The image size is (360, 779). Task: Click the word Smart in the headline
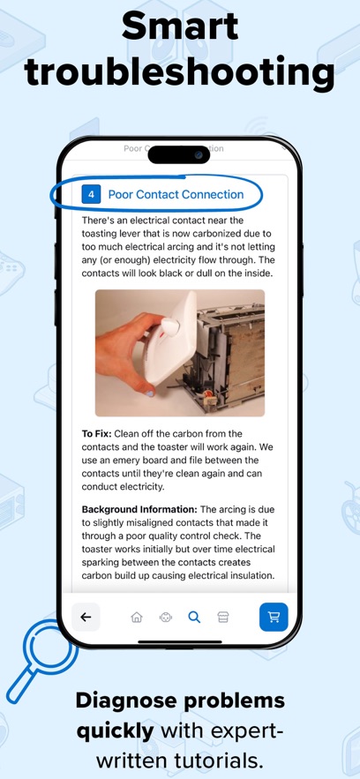180,26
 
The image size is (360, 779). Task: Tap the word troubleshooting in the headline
180,72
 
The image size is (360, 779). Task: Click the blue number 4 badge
90,194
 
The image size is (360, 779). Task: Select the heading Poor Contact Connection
176,194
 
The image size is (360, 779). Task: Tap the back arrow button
86,617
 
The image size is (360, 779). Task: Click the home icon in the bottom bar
136,618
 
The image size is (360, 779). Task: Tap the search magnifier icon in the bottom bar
194,618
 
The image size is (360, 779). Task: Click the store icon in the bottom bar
223,618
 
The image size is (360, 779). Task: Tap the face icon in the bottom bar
165,618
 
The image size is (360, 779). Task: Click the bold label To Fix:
100,434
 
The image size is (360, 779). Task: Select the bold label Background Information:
139,509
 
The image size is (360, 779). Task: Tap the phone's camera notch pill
179,154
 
